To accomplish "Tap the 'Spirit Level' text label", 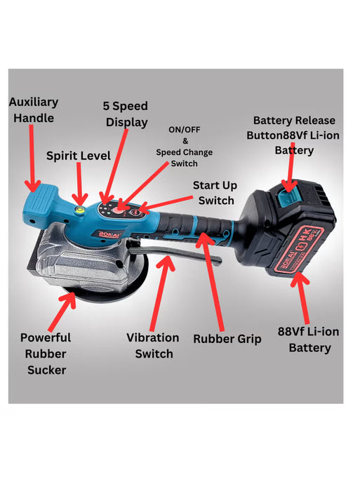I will coord(77,154).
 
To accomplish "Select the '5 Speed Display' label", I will coord(127,114).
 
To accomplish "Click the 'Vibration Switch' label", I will coord(152,345).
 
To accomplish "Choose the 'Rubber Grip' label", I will coord(227,339).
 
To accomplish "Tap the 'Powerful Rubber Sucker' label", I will coord(46,354).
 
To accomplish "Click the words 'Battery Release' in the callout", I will coord(294,120).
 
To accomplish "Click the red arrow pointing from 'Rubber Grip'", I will coord(211,281).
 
